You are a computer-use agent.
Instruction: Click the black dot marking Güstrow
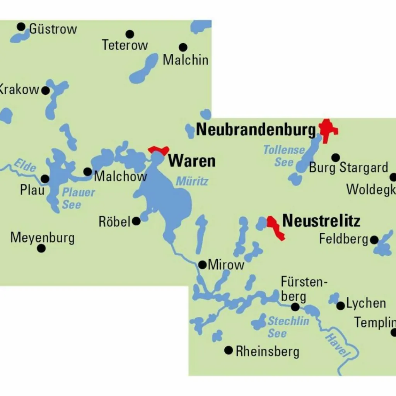(21, 27)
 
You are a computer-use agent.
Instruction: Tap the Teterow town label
(125, 45)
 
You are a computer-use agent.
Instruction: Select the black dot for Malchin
(183, 47)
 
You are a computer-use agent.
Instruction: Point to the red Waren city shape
(159, 150)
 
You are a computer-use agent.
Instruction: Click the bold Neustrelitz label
(321, 221)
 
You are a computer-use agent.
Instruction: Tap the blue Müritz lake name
(192, 181)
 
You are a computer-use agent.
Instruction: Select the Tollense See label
(284, 155)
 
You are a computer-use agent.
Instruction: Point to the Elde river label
(25, 165)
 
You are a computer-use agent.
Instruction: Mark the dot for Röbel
(136, 221)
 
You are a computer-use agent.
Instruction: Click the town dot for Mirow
(202, 265)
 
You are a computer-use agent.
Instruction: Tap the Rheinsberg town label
(267, 352)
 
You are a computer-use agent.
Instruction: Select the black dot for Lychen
(340, 306)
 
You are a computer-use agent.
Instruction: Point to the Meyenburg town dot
(41, 248)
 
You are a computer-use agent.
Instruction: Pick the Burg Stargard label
(348, 168)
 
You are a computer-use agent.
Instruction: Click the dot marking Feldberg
(374, 240)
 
